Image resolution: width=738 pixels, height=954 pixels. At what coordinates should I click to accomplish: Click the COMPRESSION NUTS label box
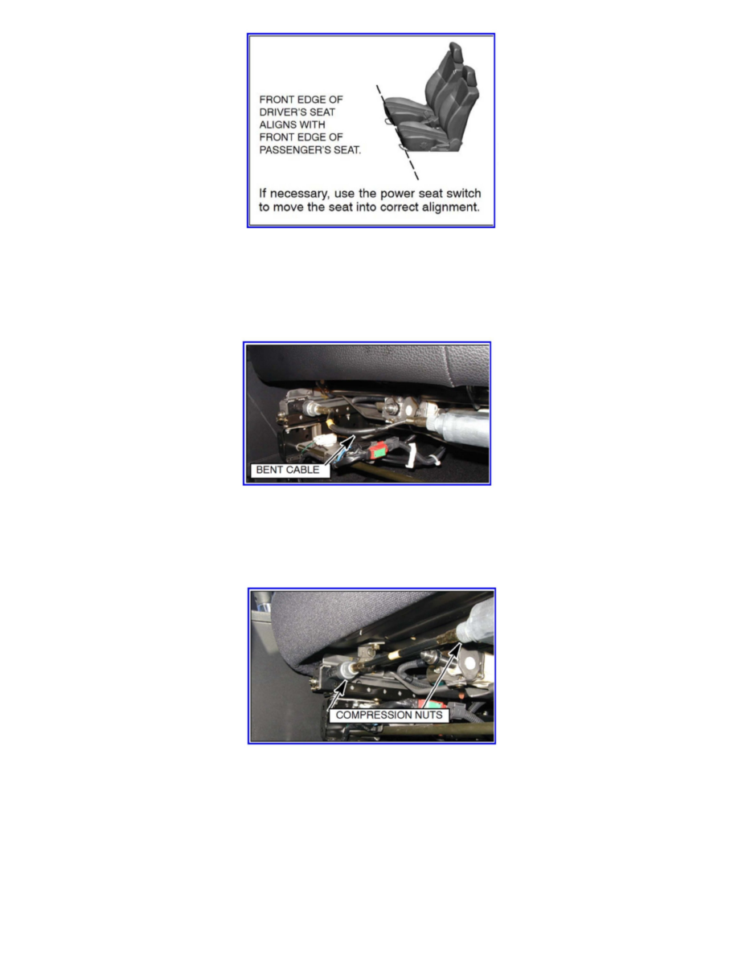[x=388, y=714]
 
